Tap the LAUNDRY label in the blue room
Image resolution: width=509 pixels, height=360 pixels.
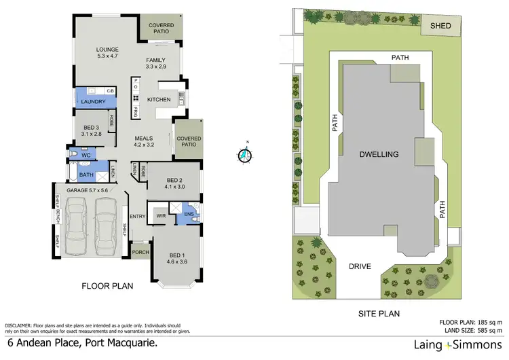coord(92,102)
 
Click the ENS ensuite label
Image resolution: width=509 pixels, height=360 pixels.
coord(189,215)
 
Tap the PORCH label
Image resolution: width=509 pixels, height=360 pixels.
coord(140,252)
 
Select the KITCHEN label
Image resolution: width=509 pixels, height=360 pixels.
coord(158,99)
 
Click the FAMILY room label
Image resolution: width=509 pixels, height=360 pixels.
coord(155,60)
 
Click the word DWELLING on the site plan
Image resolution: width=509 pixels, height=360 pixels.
coord(379,155)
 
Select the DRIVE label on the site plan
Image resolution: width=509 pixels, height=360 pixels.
coord(360,266)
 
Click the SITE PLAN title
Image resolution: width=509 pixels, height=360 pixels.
coord(379,314)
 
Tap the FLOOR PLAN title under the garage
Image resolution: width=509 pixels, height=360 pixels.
coord(107,287)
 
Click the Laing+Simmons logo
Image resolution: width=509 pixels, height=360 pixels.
coord(453,345)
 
